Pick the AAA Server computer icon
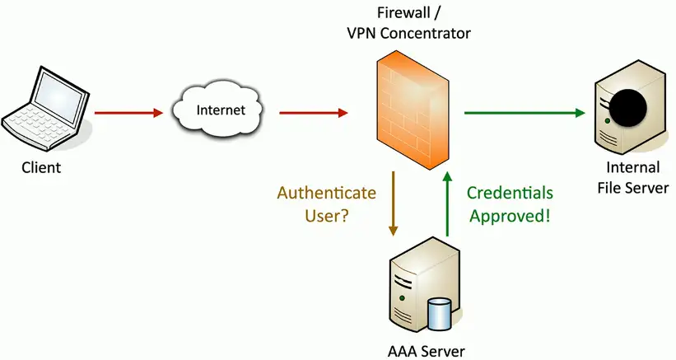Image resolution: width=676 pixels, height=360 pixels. pyautogui.click(x=425, y=288)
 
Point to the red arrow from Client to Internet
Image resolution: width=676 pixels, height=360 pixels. pyautogui.click(x=128, y=112)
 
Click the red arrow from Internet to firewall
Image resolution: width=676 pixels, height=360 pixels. pyautogui.click(x=313, y=112)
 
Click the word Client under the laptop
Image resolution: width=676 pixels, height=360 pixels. pyautogui.click(x=41, y=168)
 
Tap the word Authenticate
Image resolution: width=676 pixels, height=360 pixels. pyautogui.click(x=327, y=194)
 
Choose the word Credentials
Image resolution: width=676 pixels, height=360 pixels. pyautogui.click(x=510, y=194)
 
